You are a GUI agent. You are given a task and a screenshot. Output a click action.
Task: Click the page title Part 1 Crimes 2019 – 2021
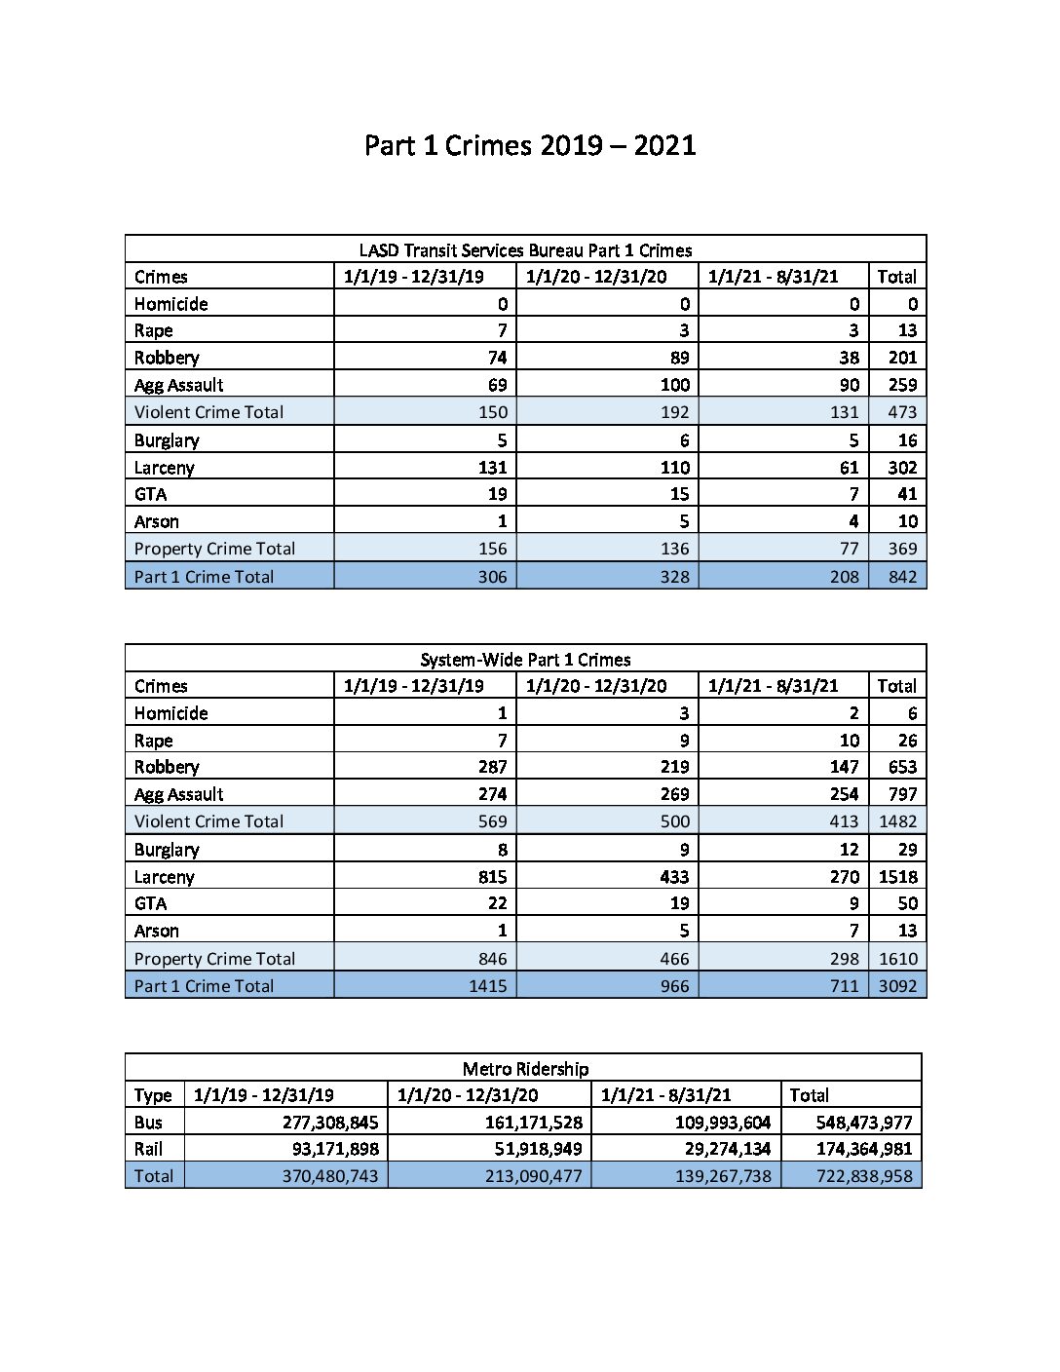(530, 145)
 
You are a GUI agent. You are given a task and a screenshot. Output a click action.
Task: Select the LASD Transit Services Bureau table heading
(525, 249)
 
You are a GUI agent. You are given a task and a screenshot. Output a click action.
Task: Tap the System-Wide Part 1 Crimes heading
(525, 659)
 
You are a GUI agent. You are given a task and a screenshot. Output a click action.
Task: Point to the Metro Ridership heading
(525, 1068)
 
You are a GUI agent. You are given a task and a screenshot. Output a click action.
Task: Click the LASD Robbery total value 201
(902, 358)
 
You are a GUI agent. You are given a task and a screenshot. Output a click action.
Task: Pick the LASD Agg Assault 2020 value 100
(674, 385)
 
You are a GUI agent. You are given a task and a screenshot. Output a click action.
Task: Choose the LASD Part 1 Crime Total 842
(902, 576)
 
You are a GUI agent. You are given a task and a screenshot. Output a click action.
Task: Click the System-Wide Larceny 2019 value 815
(492, 876)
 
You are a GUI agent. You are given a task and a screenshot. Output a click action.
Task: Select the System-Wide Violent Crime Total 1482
(897, 821)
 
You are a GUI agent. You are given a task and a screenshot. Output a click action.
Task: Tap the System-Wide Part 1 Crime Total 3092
(897, 985)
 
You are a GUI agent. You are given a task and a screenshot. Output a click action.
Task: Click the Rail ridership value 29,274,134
(721, 1149)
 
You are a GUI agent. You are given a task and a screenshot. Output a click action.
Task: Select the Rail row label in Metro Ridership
(148, 1149)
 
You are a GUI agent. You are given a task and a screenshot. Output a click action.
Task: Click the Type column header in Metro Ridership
(153, 1095)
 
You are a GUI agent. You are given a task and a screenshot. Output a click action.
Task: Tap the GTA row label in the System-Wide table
(150, 903)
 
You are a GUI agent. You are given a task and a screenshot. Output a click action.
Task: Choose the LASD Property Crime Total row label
(214, 549)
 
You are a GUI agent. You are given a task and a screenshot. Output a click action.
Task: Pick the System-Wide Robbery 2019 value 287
(492, 767)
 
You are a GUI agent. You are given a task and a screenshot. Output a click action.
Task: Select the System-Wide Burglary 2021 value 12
(849, 849)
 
